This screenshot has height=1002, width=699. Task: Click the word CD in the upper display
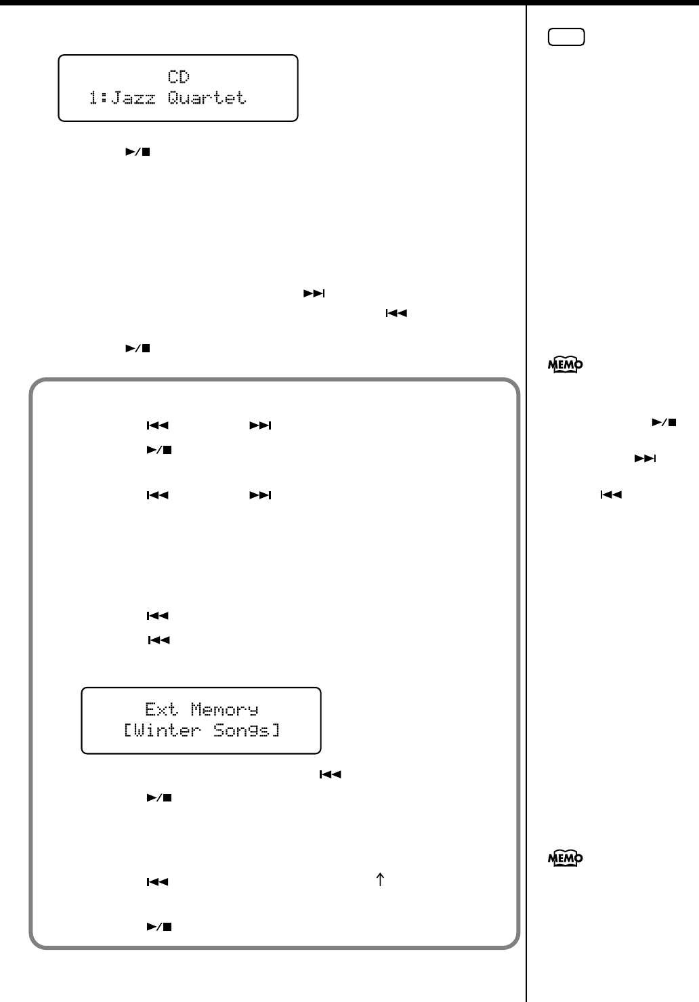179,77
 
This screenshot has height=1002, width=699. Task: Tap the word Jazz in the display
133,98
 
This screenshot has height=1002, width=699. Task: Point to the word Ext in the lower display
161,709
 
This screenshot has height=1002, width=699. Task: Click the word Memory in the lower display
224,709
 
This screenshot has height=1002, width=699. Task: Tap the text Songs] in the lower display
247,730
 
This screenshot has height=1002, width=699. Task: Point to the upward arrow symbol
380,880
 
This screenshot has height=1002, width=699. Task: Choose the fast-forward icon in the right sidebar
645,459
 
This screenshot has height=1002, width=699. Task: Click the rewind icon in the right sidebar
611,495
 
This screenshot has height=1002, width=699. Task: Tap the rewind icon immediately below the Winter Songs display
330,774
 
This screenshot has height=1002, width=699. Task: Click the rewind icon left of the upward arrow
158,883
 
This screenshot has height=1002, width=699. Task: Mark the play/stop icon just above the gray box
137,348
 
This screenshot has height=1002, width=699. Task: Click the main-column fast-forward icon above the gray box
314,293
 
